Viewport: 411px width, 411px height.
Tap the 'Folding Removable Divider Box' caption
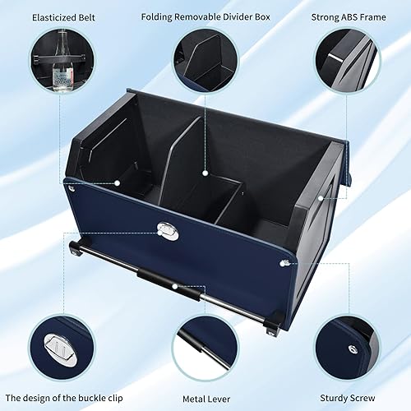[x=205, y=16]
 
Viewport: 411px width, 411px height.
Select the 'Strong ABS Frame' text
[x=358, y=16]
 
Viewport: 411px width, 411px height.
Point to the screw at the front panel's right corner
[x=283, y=262]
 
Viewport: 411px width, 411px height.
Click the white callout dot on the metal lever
[x=175, y=287]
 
